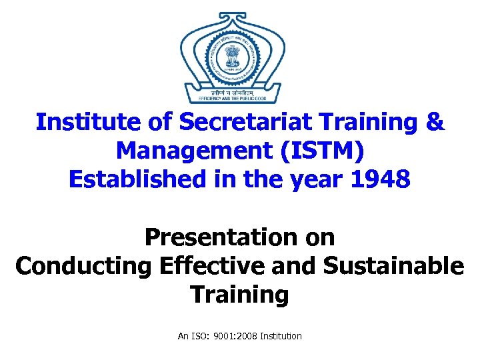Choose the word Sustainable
393,265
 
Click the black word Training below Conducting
239,294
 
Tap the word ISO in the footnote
199,336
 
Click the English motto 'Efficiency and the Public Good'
232,99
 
